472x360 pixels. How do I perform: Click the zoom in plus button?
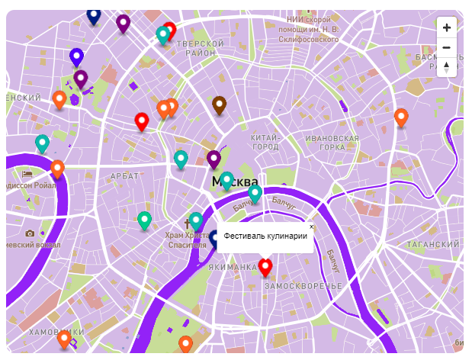point(447,27)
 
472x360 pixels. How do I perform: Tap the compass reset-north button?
point(447,67)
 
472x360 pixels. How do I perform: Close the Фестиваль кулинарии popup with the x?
point(311,227)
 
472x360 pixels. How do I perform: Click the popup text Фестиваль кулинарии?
point(265,236)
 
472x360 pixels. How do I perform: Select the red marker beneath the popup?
point(265,267)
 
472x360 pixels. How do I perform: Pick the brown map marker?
point(220,104)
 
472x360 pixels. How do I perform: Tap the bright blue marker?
point(76,56)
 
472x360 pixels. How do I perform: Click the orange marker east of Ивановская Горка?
point(401,117)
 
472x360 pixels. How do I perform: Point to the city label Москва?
point(235,182)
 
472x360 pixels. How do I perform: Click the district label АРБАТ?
point(125,176)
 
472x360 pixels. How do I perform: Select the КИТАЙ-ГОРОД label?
point(266,142)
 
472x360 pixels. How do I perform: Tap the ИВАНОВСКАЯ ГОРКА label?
point(332,143)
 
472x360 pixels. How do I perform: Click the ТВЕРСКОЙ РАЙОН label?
point(200,50)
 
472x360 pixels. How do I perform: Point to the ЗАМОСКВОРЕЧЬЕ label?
point(303,285)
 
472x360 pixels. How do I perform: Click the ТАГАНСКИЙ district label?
point(433,245)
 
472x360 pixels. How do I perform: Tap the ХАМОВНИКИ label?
point(52,333)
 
